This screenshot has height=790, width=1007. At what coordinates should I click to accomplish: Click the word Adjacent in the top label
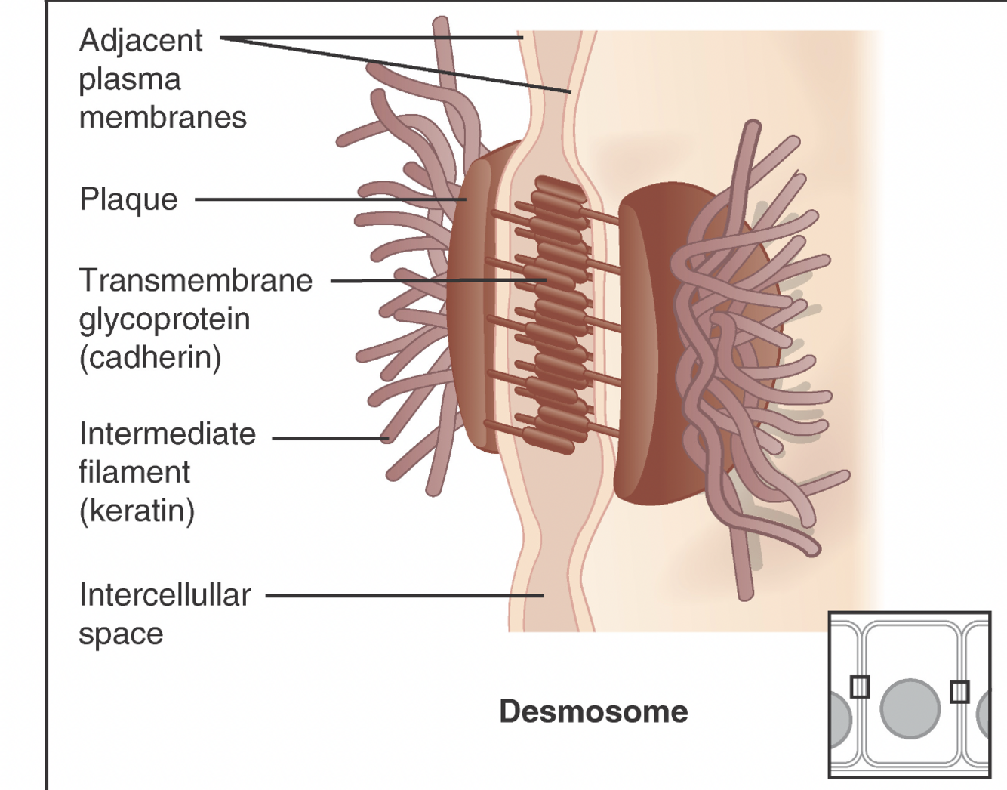tap(140, 42)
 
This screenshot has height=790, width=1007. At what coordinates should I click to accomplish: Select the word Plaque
tap(128, 199)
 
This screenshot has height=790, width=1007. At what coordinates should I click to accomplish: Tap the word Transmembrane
tap(196, 280)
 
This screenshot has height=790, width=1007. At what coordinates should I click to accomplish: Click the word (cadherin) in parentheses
tap(150, 357)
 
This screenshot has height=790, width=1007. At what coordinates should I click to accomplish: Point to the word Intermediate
tap(168, 434)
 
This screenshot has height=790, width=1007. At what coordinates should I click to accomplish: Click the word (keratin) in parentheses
tap(137, 511)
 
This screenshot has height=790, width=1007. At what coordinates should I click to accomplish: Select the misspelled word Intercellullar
tap(165, 595)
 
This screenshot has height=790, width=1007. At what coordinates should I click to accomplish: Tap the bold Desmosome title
tap(593, 711)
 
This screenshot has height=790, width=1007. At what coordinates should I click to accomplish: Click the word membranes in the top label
tap(162, 118)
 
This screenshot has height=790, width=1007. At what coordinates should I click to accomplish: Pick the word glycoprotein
tap(165, 319)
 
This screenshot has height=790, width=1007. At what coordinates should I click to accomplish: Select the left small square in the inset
tap(860, 687)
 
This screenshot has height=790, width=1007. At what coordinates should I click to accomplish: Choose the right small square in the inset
tap(959, 691)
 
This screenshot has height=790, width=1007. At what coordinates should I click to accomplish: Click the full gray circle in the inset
tap(910, 708)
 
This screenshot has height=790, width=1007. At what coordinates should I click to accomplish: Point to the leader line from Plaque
tap(325, 199)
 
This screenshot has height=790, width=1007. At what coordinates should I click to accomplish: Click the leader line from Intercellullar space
tap(400, 595)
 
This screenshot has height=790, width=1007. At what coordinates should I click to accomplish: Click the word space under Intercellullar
tap(121, 634)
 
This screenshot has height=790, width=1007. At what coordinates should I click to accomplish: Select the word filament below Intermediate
tap(134, 473)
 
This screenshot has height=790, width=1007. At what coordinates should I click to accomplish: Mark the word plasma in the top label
tap(130, 80)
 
